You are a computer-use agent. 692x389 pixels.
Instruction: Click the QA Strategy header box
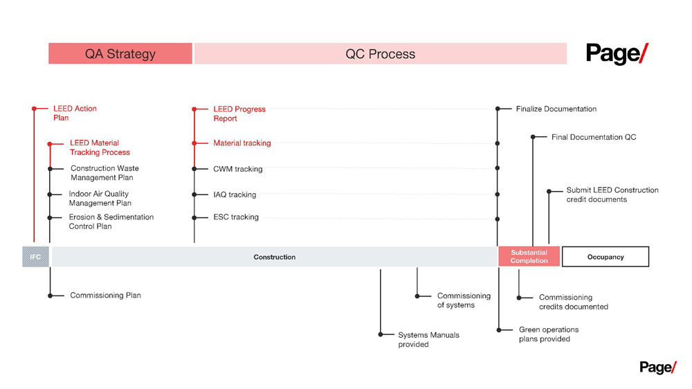tap(120, 53)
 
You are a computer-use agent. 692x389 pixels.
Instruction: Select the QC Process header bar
tap(381, 53)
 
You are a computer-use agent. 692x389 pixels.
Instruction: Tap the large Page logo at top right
tap(617, 54)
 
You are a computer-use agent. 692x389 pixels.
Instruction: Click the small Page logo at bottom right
tap(657, 368)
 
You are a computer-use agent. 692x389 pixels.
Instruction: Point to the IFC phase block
tap(36, 257)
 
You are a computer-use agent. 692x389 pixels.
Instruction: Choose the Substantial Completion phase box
tap(529, 257)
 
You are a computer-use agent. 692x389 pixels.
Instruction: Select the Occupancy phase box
tap(605, 257)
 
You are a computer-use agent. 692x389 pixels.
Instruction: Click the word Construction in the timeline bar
tap(275, 257)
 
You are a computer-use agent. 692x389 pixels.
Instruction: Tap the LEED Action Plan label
tap(75, 113)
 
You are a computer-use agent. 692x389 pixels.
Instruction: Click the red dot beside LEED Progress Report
tap(194, 109)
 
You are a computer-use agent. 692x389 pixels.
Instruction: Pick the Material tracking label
tap(242, 143)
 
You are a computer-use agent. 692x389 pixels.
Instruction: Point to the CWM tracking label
tap(238, 169)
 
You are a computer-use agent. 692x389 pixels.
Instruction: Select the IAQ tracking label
tap(235, 194)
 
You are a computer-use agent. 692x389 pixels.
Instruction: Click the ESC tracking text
tap(236, 217)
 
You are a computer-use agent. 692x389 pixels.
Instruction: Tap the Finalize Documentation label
tap(556, 109)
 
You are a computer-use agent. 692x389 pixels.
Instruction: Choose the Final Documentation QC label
tap(594, 137)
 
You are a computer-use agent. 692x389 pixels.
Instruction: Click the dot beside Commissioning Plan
tap(51, 296)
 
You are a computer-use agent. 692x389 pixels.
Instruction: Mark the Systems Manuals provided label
tap(428, 340)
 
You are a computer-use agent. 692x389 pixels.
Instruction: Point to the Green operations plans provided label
tap(549, 334)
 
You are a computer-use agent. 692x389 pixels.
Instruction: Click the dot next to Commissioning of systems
tap(417, 296)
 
